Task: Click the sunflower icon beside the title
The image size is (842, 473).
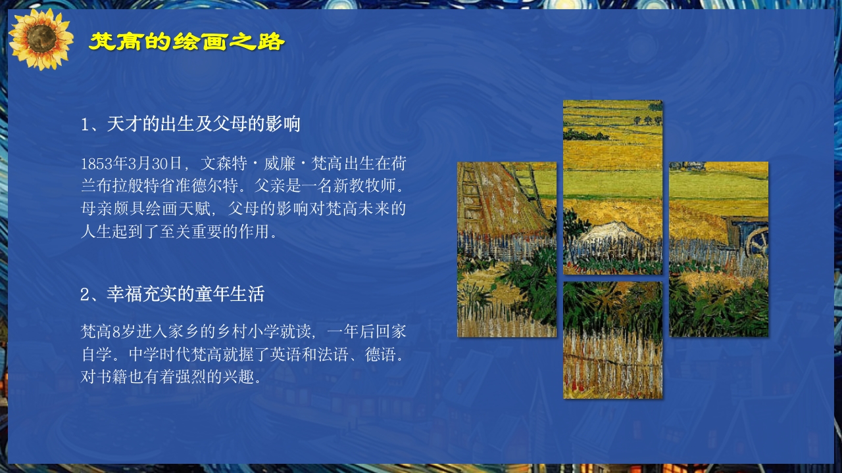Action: click(x=41, y=39)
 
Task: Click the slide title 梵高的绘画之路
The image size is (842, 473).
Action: click(x=187, y=43)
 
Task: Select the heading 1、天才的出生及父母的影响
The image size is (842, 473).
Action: click(x=191, y=124)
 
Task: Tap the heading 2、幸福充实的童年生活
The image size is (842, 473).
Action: click(x=172, y=294)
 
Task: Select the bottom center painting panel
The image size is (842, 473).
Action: click(x=612, y=340)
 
